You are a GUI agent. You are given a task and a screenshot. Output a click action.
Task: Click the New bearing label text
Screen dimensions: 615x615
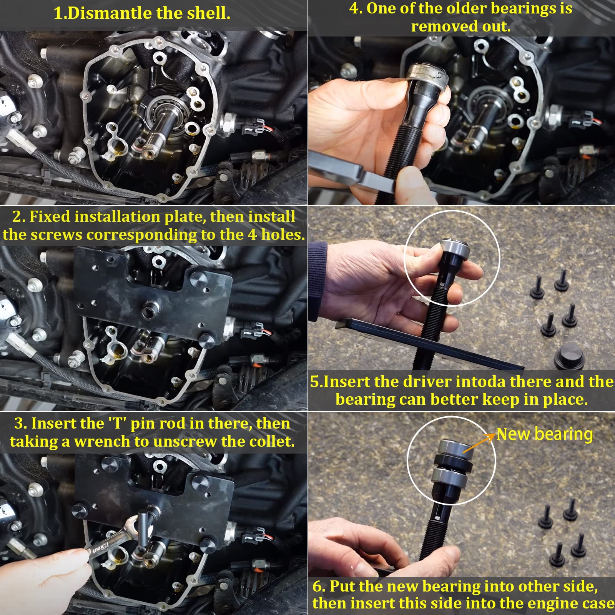click(544, 434)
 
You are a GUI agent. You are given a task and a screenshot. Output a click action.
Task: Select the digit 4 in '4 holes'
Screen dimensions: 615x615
click(252, 235)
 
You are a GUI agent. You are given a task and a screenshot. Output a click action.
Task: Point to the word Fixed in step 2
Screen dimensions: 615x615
click(50, 217)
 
